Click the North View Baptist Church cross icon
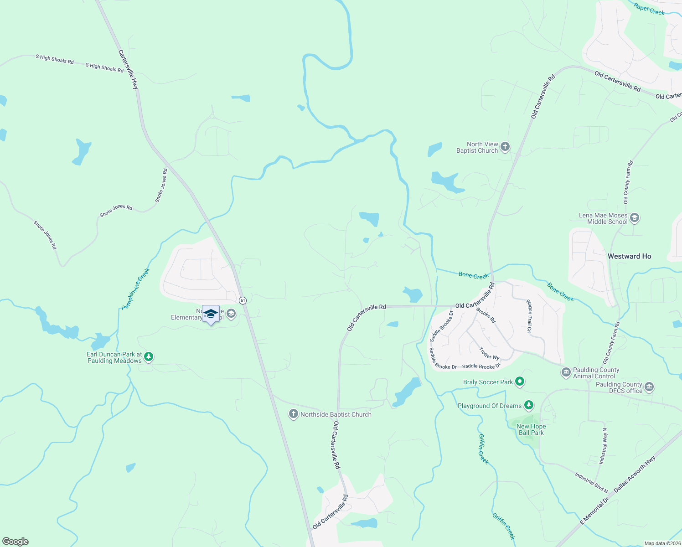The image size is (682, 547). click(505, 147)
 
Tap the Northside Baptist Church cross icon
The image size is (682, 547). click(294, 414)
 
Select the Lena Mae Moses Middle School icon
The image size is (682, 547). click(635, 218)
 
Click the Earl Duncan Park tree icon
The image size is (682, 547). click(148, 357)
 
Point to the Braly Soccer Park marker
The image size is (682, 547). click(520, 382)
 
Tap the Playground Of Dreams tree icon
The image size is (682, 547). click(528, 405)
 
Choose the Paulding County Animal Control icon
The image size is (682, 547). click(566, 372)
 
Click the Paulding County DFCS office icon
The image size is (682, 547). click(649, 387)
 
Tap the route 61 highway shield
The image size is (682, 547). click(243, 300)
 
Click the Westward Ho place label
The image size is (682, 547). click(629, 256)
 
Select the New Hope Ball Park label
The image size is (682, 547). click(531, 429)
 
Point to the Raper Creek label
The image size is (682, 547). click(649, 9)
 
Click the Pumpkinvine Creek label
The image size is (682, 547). click(136, 289)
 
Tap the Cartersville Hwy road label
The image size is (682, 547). click(128, 69)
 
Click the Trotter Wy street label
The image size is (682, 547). click(489, 353)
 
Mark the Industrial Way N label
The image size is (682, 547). click(603, 446)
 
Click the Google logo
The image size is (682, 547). click(15, 542)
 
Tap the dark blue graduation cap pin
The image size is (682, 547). click(211, 314)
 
